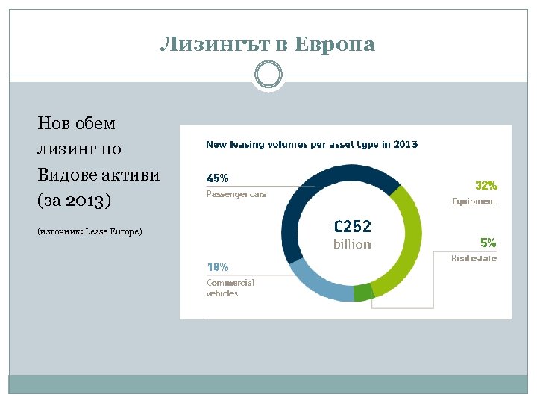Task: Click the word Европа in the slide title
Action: [335, 45]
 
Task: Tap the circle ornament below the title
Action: [268, 75]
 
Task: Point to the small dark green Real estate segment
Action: [363, 292]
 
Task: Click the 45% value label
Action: [217, 178]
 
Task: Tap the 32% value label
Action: [486, 185]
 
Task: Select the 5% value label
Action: [489, 243]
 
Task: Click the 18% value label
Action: [217, 266]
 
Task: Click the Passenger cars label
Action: [236, 194]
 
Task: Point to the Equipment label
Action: [474, 201]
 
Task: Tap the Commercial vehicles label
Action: [230, 287]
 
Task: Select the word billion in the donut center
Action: [352, 244]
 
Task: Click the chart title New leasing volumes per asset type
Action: [311, 144]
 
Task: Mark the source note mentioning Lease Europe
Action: [89, 231]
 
